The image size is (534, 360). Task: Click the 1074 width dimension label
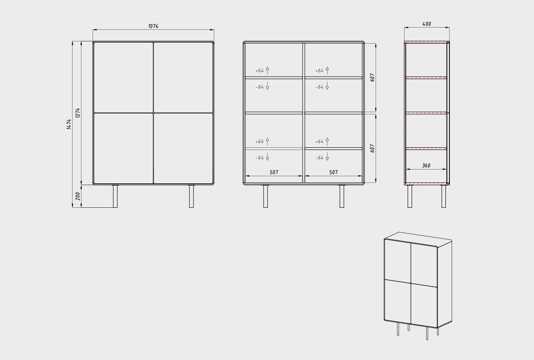pyautogui.click(x=153, y=26)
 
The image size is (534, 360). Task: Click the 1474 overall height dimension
pyautogui.click(x=69, y=125)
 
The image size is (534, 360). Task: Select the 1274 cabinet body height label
pyautogui.click(x=78, y=113)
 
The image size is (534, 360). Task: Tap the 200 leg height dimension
pyautogui.click(x=78, y=196)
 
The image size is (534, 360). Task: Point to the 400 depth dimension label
pyautogui.click(x=426, y=24)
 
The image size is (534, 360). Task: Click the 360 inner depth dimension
pyautogui.click(x=426, y=166)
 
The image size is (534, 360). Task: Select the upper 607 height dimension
pyautogui.click(x=372, y=77)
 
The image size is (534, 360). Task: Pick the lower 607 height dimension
pyautogui.click(x=372, y=148)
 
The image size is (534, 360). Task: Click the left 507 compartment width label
pyautogui.click(x=274, y=172)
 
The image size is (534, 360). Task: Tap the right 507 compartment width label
pyautogui.click(x=333, y=172)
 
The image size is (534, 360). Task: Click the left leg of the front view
pyautogui.click(x=115, y=196)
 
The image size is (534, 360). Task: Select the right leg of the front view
pyautogui.click(x=191, y=196)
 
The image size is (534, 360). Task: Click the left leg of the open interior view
pyautogui.click(x=266, y=196)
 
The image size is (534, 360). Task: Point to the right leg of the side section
pyautogui.click(x=443, y=196)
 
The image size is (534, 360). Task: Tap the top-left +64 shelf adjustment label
pyautogui.click(x=259, y=71)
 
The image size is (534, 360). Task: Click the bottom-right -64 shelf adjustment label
pyautogui.click(x=320, y=158)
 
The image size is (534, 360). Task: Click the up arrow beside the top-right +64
pyautogui.click(x=327, y=71)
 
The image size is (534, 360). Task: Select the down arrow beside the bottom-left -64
pyautogui.click(x=267, y=156)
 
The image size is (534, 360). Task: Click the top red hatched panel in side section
pyautogui.click(x=427, y=42)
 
